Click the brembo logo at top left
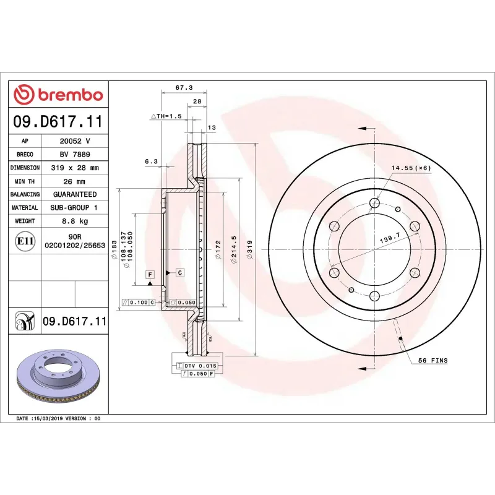click(58, 94)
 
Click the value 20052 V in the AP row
click(75, 141)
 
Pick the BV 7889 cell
click(75, 154)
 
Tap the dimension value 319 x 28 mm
click(75, 168)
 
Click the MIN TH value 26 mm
click(75, 181)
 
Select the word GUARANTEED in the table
click(75, 194)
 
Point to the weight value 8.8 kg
click(75, 221)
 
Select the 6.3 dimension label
click(151, 161)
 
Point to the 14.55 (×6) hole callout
click(411, 168)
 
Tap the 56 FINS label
click(433, 360)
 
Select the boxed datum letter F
click(149, 273)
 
